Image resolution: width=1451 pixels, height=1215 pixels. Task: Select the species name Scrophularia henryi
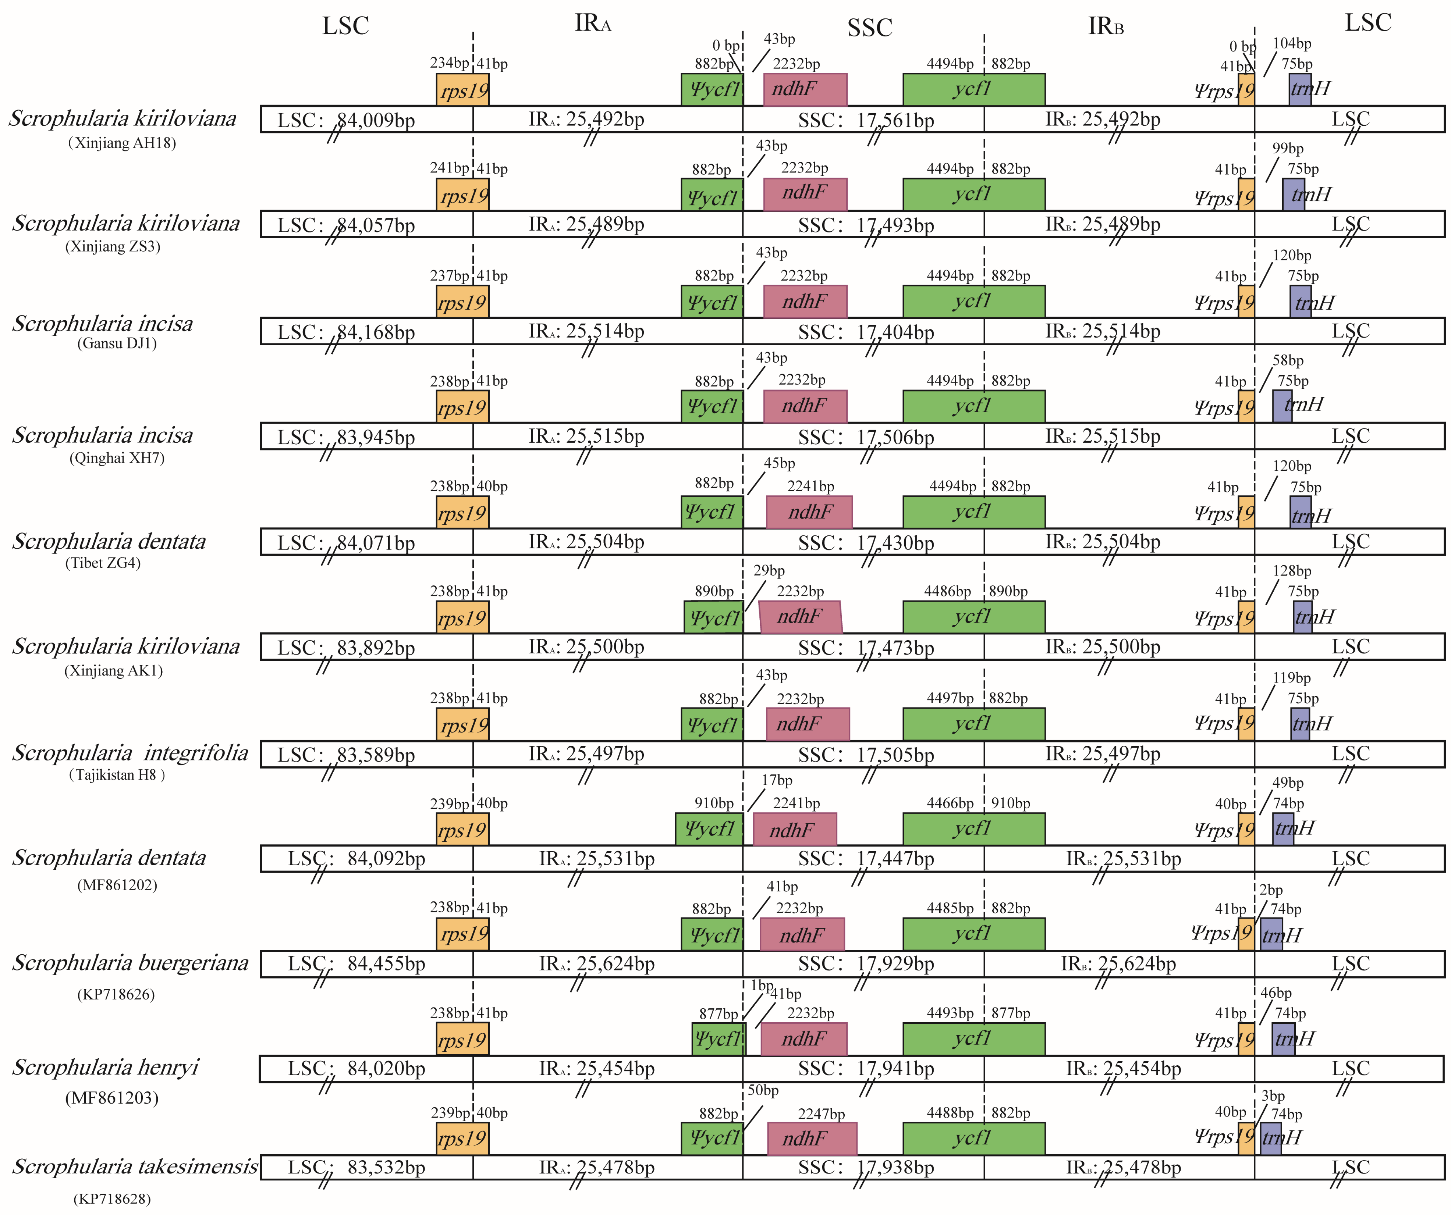(105, 1067)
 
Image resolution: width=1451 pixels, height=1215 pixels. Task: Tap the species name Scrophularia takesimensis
(135, 1167)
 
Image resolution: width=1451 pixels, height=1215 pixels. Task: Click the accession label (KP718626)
(116, 995)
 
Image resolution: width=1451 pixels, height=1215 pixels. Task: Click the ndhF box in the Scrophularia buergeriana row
(802, 934)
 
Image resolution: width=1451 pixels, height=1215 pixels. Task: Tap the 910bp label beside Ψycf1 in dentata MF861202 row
(714, 804)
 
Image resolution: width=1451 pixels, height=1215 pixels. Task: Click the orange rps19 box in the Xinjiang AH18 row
(462, 90)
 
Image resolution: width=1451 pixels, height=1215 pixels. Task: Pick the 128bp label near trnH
(1291, 571)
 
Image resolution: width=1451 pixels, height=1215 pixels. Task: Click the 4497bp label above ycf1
(950, 698)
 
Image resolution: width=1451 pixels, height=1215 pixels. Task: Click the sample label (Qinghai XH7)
(117, 458)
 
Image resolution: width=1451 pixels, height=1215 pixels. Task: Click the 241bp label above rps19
(449, 168)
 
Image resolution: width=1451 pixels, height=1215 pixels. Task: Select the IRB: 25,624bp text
(1118, 963)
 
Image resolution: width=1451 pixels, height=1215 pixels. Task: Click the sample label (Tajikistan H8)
(117, 775)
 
